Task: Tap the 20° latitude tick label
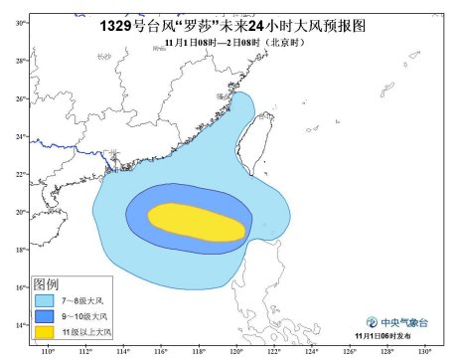pos(20,212)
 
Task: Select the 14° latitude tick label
pos(20,326)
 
